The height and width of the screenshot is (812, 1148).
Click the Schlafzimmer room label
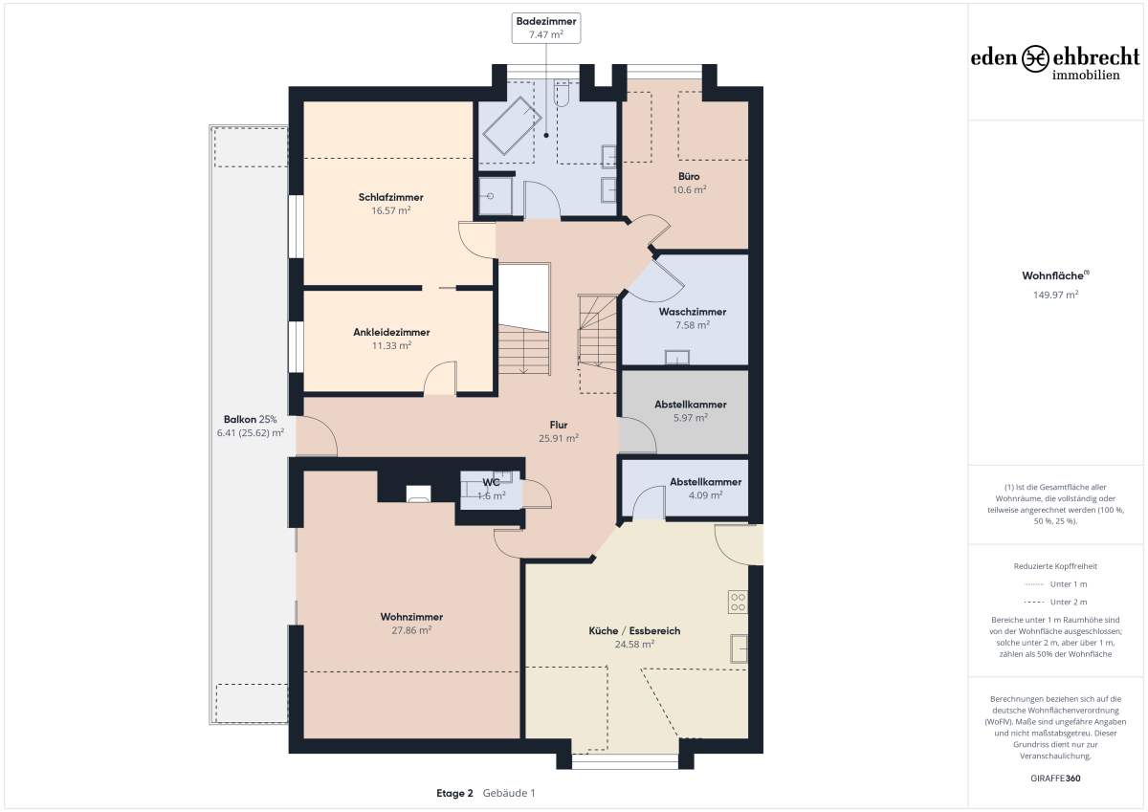tap(390, 197)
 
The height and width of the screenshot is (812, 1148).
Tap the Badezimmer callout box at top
tap(546, 28)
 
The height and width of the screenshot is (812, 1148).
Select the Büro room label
tap(689, 176)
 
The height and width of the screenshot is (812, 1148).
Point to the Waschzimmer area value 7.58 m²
tap(693, 325)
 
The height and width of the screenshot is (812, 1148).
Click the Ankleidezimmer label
tap(391, 332)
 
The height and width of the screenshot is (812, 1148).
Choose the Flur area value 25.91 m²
tap(559, 439)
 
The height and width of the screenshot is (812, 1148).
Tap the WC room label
tap(491, 483)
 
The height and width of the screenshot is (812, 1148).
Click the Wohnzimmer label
tap(411, 617)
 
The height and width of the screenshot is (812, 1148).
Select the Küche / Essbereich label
tap(634, 630)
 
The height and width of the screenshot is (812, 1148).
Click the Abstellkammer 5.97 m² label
tap(691, 405)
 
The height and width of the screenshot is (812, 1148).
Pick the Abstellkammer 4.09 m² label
tap(705, 482)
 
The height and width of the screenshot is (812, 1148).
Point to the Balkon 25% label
tap(250, 420)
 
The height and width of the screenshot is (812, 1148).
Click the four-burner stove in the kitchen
tap(738, 602)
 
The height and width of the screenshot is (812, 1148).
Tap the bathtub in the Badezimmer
tap(512, 125)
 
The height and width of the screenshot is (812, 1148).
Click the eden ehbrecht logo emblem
tap(1035, 59)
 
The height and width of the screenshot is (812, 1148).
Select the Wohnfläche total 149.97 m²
tap(1056, 296)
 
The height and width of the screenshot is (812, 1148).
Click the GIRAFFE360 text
tap(1056, 779)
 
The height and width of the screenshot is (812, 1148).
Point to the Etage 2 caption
tap(454, 794)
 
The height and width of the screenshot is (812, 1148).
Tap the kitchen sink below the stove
tap(739, 648)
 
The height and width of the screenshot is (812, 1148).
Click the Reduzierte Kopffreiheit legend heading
tap(1056, 566)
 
